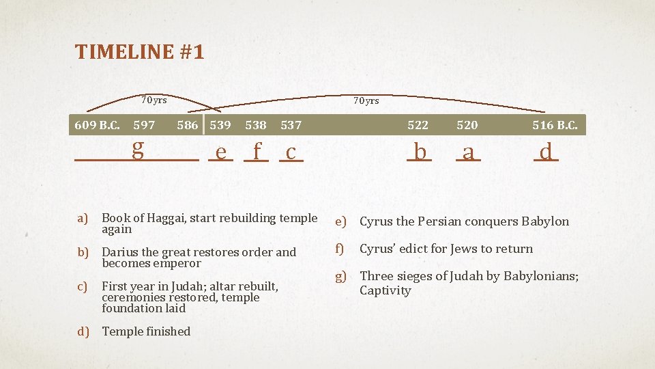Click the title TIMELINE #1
pos(140,52)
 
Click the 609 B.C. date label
pos(97,125)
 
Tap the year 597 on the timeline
pos(144,125)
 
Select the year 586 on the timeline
pos(188,125)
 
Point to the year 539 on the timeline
pos(220,125)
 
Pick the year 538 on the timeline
pos(256,125)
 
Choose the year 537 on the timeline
pos(291,125)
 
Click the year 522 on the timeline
pos(418,125)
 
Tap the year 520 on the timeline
pos(467,125)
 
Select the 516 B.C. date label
pos(555,125)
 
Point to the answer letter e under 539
pos(220,152)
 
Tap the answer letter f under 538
pos(257,151)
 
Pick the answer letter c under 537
pos(291,152)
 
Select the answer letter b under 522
pos(420,151)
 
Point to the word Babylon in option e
pos(545,221)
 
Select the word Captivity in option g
pos(385,290)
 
